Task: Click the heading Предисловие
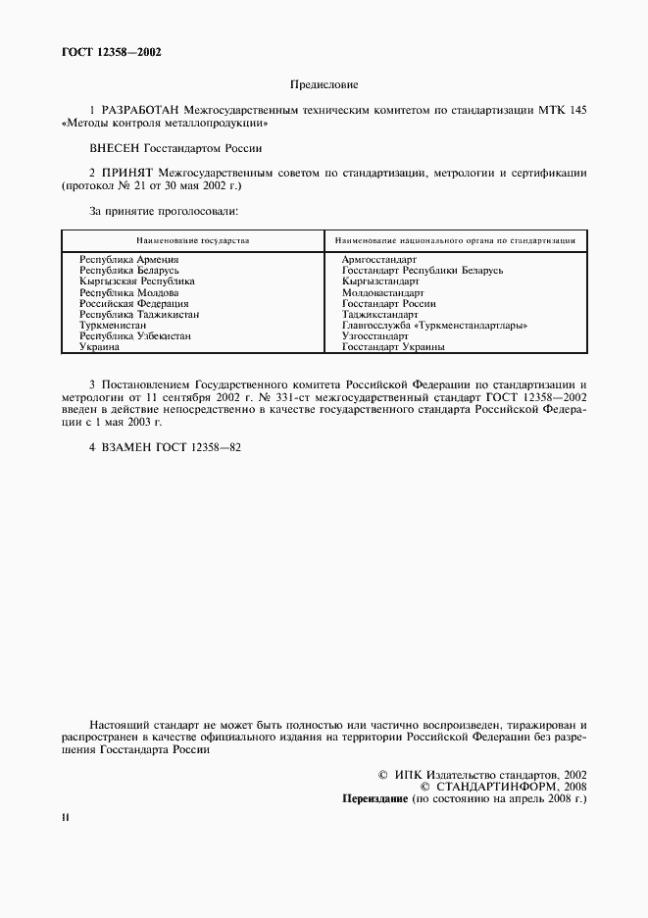click(324, 86)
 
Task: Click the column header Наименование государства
click(192, 239)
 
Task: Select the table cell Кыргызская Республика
click(137, 280)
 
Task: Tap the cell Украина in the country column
click(100, 346)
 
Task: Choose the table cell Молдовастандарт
click(382, 292)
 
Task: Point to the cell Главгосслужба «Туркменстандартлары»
click(435, 325)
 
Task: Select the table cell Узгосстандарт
click(375, 335)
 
